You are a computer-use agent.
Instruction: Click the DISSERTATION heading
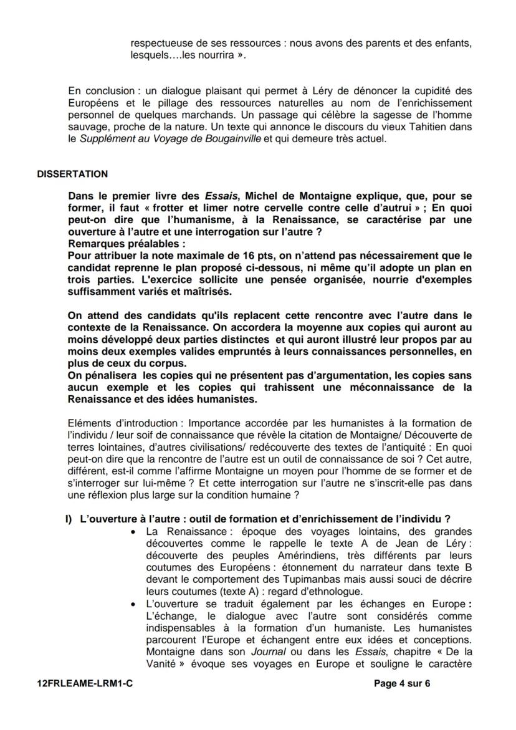point(72,174)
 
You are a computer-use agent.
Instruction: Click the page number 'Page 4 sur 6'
point(402,683)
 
